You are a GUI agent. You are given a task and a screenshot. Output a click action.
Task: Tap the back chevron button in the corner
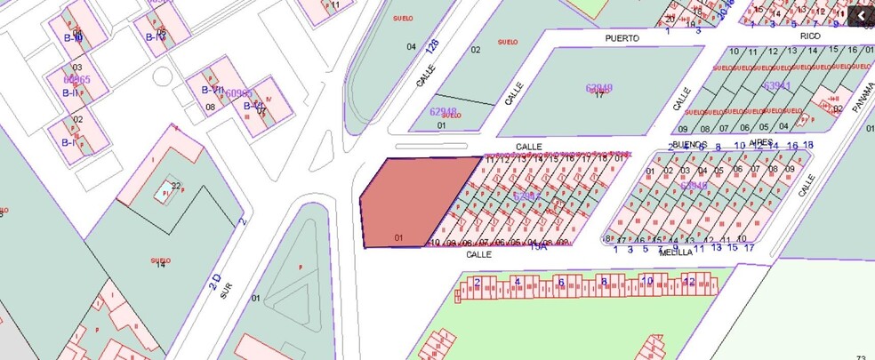pyautogui.click(x=860, y=16)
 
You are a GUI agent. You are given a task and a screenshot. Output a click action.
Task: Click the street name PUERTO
pyautogui.click(x=622, y=38)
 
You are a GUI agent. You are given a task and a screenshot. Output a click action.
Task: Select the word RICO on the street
pyautogui.click(x=810, y=36)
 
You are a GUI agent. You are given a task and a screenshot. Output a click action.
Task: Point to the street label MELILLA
pyautogui.click(x=676, y=252)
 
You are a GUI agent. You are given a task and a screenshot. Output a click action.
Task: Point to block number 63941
pyautogui.click(x=777, y=86)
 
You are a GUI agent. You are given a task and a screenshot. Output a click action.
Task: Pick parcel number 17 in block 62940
pyautogui.click(x=599, y=95)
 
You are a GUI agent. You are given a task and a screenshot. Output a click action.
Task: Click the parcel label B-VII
pyautogui.click(x=212, y=90)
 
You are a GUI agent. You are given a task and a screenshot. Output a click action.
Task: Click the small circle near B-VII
pyautogui.click(x=161, y=76)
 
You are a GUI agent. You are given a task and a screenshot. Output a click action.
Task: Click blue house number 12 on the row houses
pyautogui.click(x=688, y=282)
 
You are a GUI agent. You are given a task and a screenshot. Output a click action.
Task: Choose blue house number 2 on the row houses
pyautogui.click(x=478, y=283)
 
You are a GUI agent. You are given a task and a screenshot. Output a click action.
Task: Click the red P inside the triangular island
pyautogui.click(x=300, y=266)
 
